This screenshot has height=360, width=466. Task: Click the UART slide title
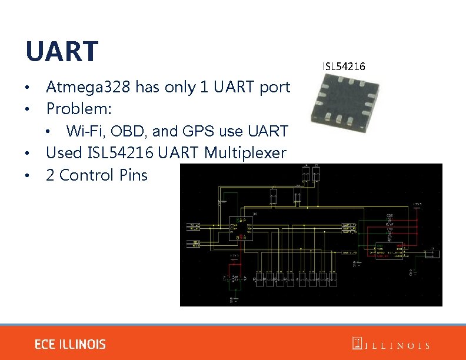(x=61, y=51)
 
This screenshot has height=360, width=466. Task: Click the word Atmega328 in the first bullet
(x=88, y=88)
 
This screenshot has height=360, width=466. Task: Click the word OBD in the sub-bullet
(x=128, y=131)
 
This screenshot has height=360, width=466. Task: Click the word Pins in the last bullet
(x=134, y=175)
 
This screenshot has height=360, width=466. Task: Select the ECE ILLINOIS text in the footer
(x=70, y=344)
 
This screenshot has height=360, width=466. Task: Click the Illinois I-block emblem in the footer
(x=357, y=344)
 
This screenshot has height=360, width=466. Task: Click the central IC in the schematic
(x=242, y=230)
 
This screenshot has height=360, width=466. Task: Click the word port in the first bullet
(x=275, y=88)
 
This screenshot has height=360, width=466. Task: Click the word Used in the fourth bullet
(x=64, y=154)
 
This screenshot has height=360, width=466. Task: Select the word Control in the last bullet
(x=88, y=175)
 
